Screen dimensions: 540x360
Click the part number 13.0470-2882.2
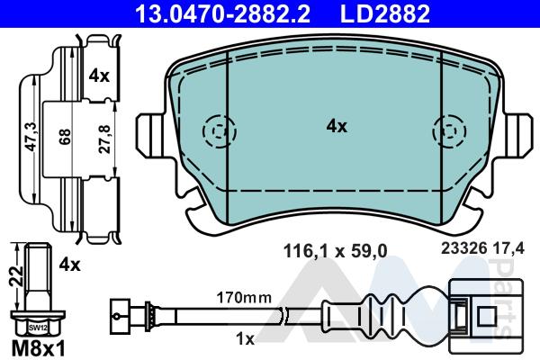(x=223, y=13)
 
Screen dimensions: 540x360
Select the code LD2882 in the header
(x=385, y=13)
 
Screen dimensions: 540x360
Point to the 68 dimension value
(x=65, y=137)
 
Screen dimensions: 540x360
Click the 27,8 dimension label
(x=104, y=139)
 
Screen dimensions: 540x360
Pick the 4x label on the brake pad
(x=337, y=126)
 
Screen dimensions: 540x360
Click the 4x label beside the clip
(x=99, y=76)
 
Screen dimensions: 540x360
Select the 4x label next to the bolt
(x=69, y=265)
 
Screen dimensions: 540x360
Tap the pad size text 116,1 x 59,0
(x=335, y=251)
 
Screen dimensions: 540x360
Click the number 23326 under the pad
(x=464, y=248)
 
